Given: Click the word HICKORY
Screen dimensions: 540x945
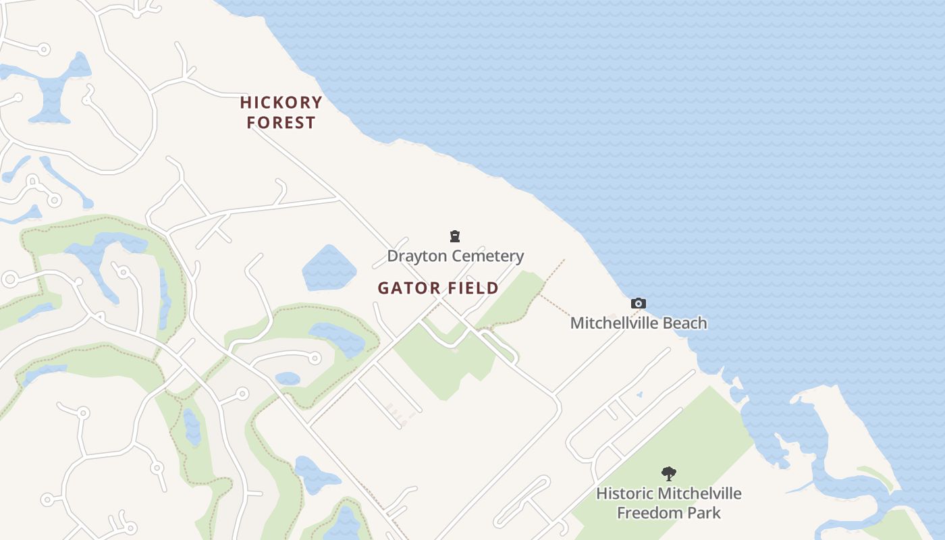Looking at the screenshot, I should [281, 103].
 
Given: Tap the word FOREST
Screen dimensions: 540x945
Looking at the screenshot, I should [281, 123].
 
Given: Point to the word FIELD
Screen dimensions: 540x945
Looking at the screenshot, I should [472, 288].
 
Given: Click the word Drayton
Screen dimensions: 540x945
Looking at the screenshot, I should [417, 256].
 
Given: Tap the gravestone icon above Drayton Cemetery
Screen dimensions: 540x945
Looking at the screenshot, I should [455, 236].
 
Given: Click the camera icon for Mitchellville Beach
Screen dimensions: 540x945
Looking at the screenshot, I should [638, 304].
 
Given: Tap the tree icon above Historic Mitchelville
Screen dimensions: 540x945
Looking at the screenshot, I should [668, 474].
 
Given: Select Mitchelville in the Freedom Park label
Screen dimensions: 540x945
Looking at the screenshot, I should [699, 493].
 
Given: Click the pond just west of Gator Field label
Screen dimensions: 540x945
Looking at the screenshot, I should [329, 269].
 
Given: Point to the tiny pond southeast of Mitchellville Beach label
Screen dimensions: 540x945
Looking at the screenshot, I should [639, 394].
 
